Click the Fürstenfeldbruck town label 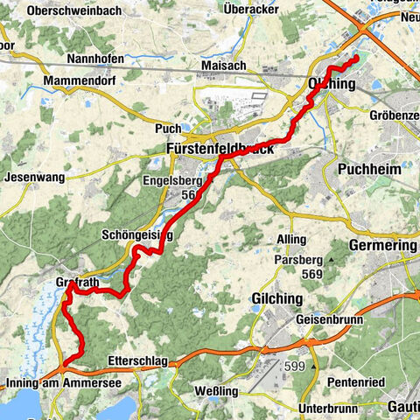(x=220, y=150)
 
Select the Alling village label (x=291, y=239)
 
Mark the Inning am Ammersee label (x=61, y=383)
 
